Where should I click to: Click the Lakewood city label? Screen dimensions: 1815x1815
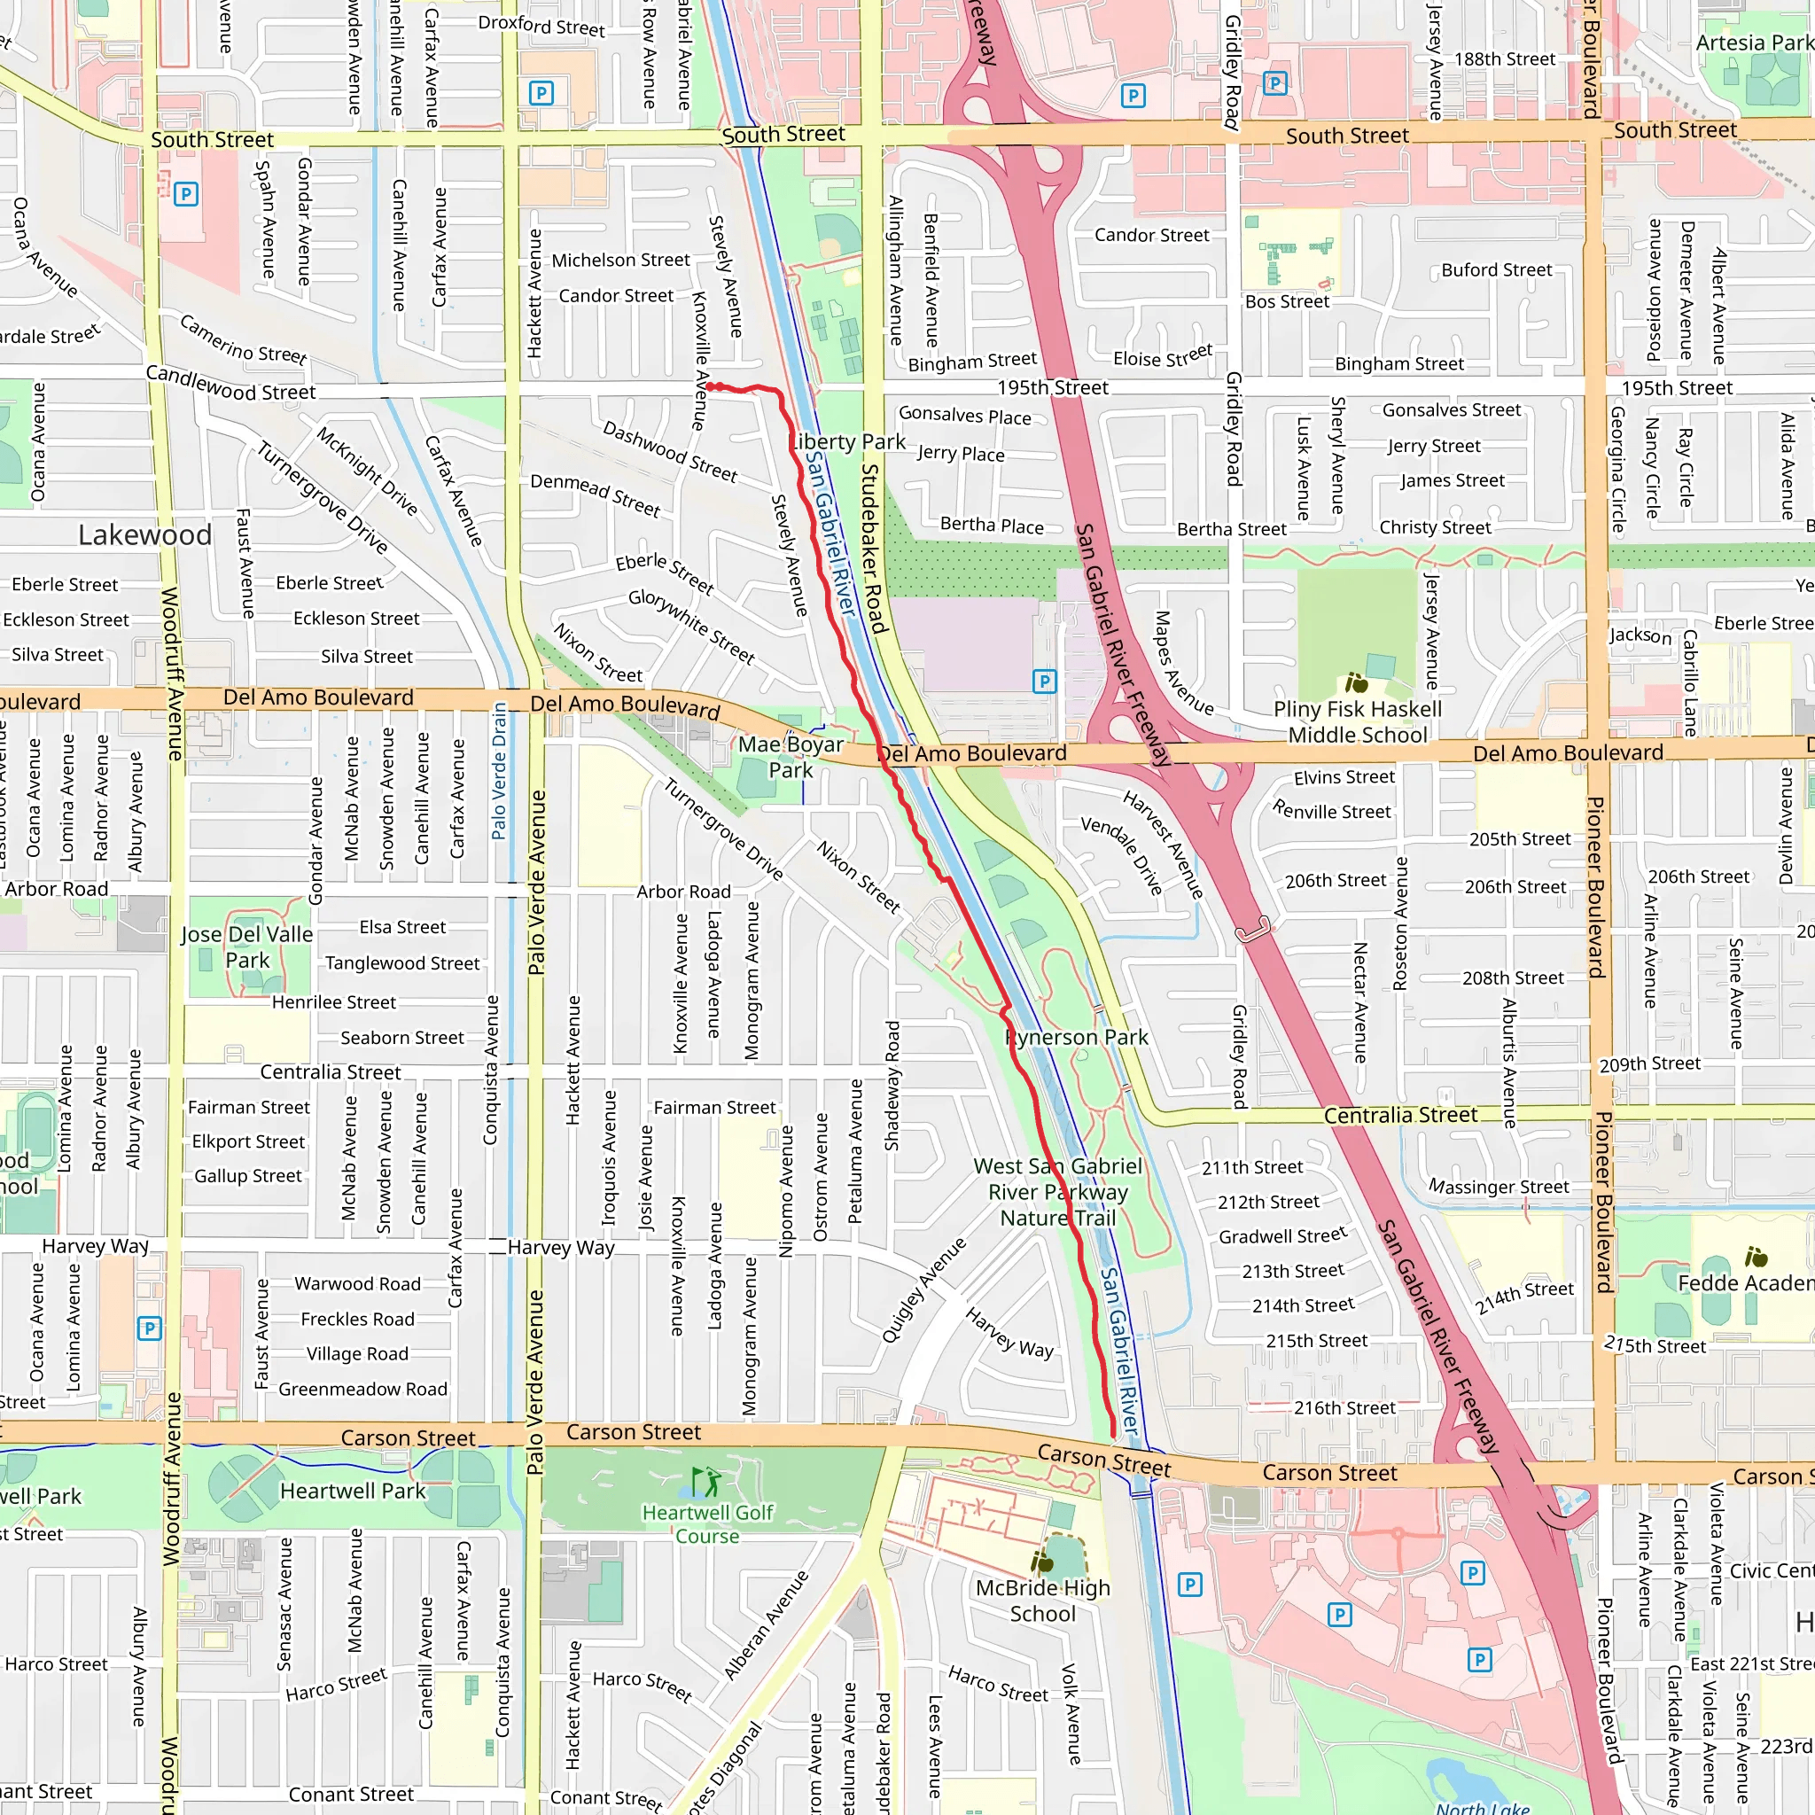144,535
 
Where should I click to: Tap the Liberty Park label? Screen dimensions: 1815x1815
847,441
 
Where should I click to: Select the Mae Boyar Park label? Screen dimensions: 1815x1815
791,757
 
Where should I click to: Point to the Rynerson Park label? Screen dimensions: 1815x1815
1077,1037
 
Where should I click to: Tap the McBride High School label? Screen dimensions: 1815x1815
1043,1601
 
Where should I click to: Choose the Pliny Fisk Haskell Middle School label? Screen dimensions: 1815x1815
1358,721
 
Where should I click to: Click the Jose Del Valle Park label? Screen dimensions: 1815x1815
247,947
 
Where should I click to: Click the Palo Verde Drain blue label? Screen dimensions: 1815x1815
500,770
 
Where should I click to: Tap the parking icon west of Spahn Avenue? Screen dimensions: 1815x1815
186,194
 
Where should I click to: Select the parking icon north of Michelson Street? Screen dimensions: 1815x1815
541,93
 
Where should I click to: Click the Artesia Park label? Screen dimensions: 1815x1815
1753,43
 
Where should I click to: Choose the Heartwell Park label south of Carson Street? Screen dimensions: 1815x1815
354,1491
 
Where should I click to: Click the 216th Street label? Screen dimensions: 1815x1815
1344,1407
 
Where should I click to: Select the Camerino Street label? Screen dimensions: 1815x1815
244,340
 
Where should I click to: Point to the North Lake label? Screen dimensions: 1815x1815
1483,1806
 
